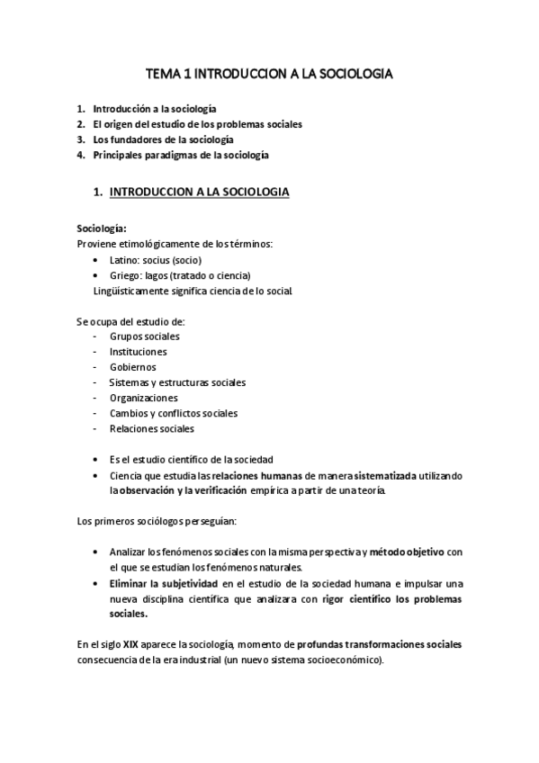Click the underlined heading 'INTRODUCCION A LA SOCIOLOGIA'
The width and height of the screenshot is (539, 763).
point(199,192)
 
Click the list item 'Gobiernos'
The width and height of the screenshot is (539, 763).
point(132,367)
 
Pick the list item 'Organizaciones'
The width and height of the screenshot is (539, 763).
point(143,398)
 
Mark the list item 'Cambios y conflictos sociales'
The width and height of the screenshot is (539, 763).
point(174,413)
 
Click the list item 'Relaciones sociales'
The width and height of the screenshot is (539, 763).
point(151,428)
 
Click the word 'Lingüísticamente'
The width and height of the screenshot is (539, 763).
point(130,290)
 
